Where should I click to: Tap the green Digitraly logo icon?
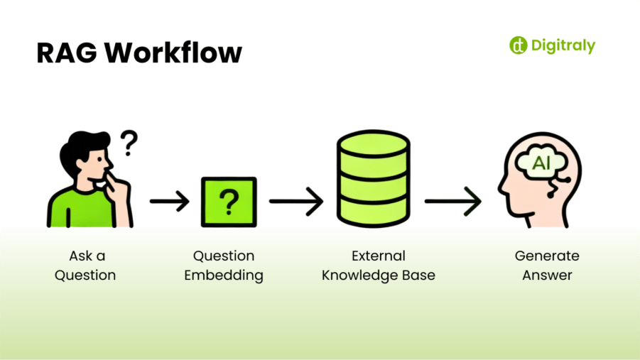click(518, 45)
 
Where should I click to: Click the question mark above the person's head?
click(128, 143)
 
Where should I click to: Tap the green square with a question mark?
click(229, 202)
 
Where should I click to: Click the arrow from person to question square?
click(170, 202)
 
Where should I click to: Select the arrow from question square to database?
click(295, 202)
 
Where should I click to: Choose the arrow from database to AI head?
click(452, 202)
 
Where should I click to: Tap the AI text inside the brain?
click(542, 164)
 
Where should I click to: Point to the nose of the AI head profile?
click(502, 190)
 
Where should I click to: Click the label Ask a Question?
click(85, 265)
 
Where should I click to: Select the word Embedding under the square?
click(224, 275)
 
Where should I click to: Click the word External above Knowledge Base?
click(378, 256)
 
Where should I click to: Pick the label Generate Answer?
click(547, 265)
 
